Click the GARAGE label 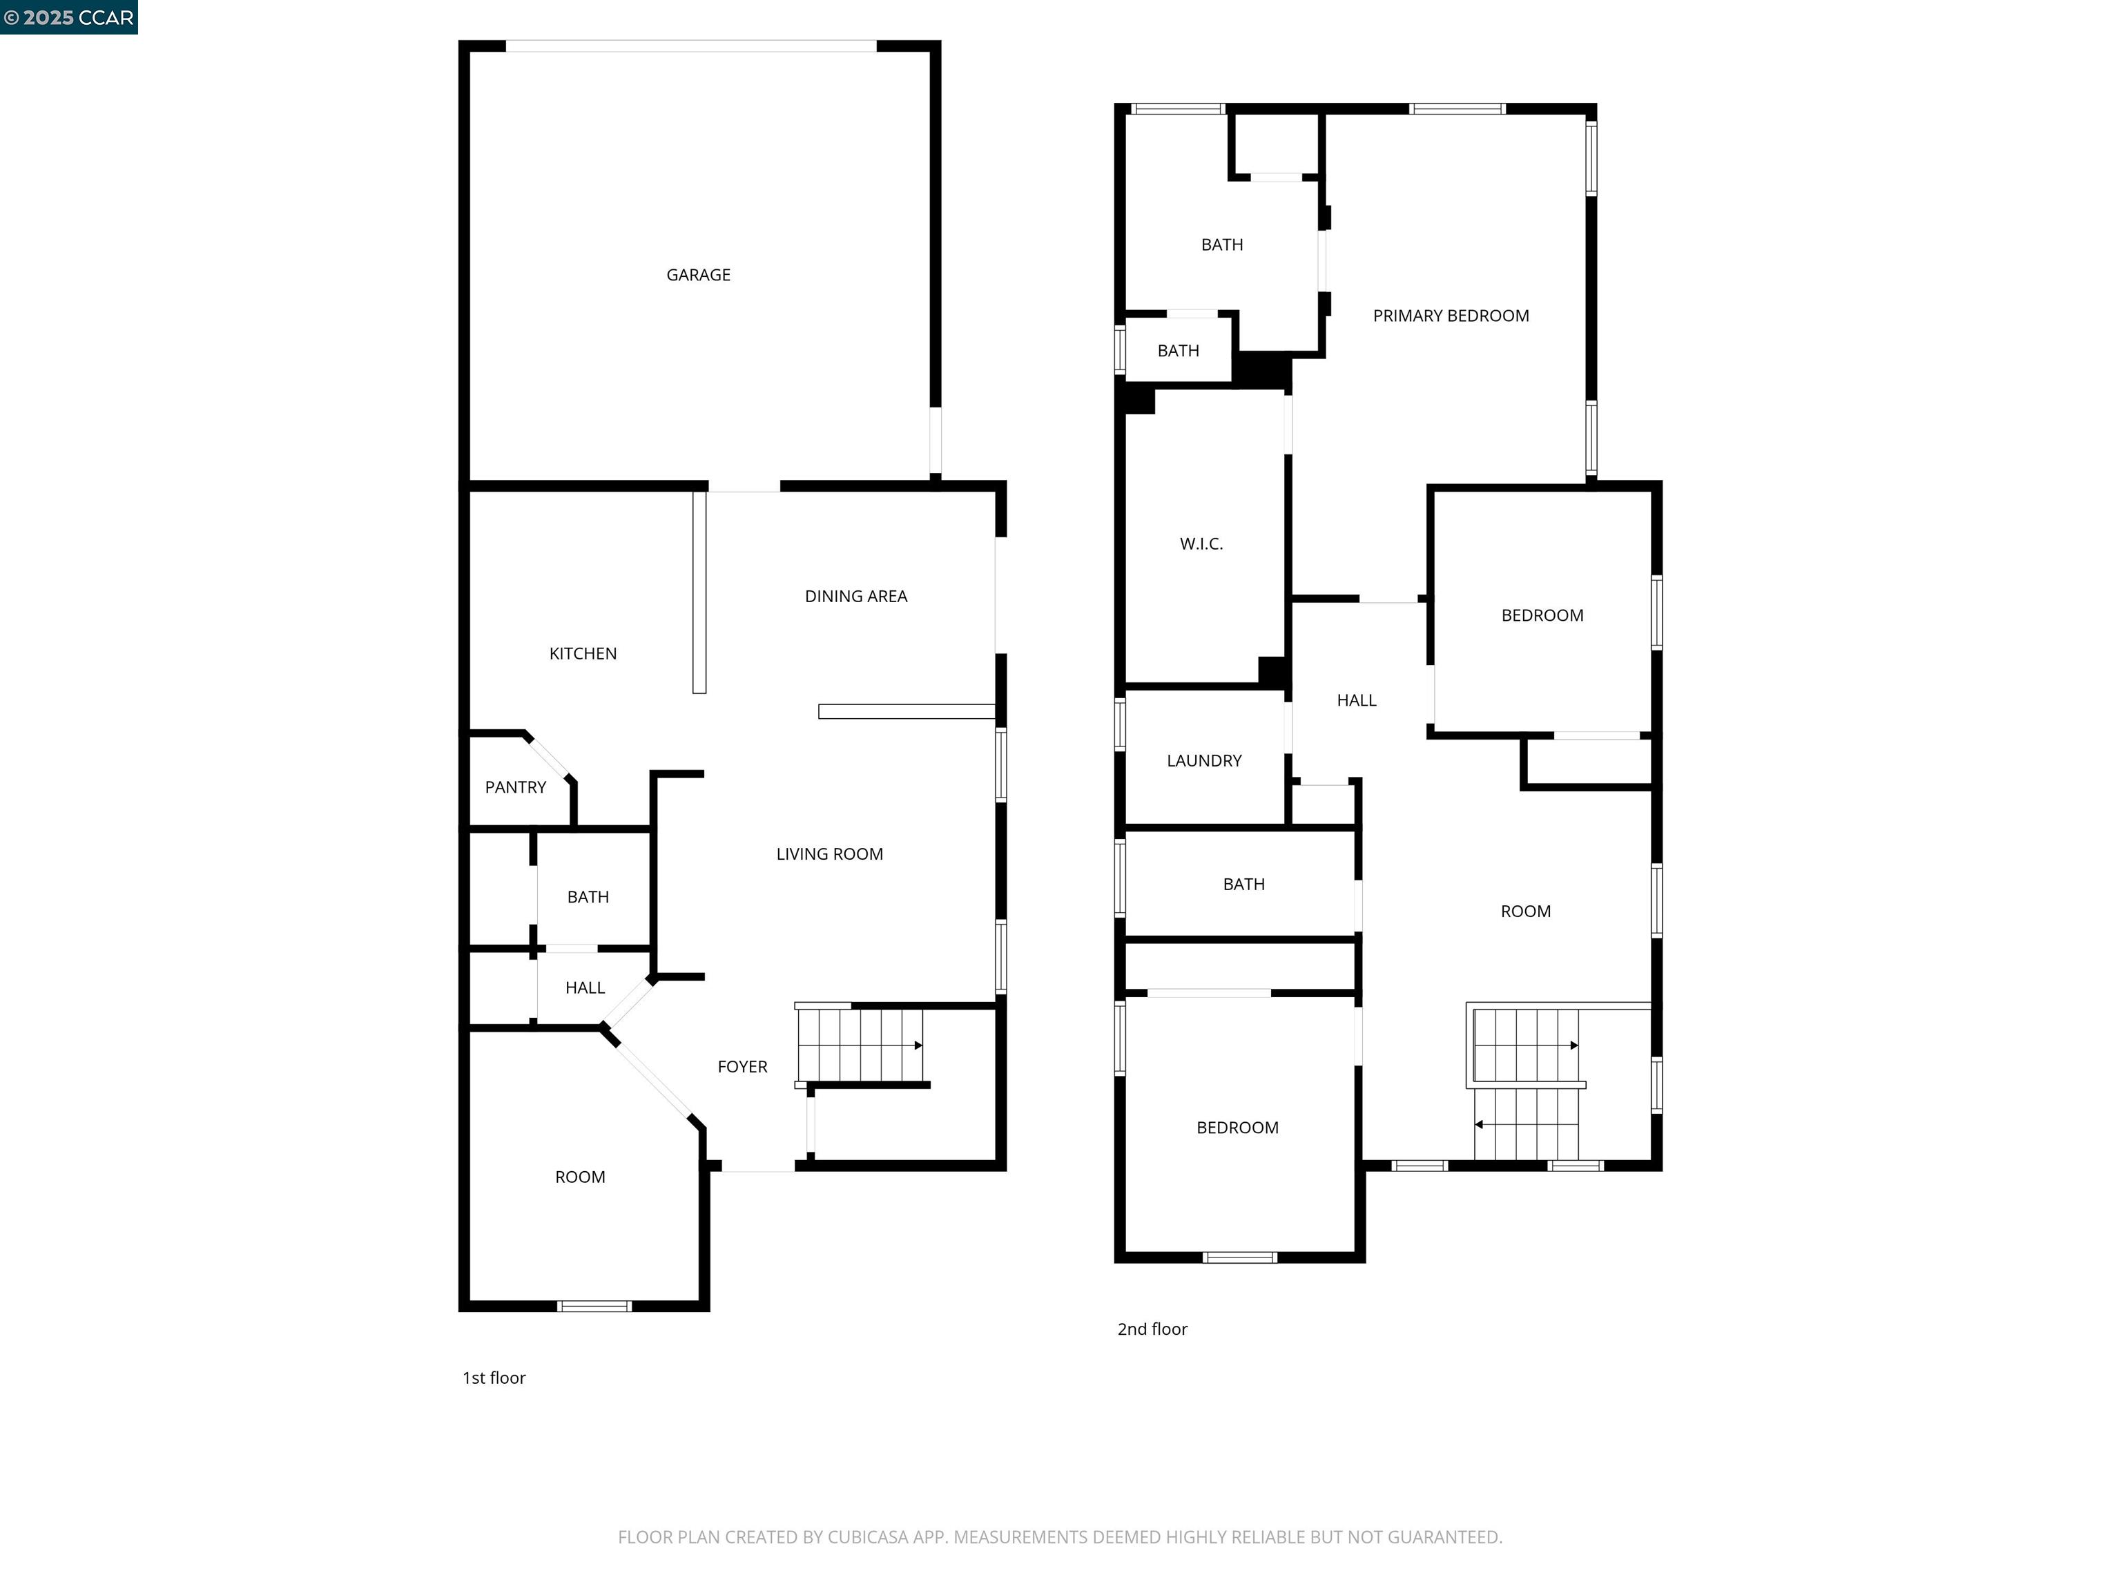coord(698,276)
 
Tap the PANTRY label coord(515,787)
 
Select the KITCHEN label coord(582,654)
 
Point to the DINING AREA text coord(855,597)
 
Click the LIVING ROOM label coord(829,854)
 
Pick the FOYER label coord(742,1068)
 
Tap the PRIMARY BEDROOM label coord(1450,316)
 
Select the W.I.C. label coord(1201,545)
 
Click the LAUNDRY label coord(1203,762)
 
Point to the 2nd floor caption coord(1152,1329)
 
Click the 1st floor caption coord(494,1378)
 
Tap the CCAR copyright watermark coord(69,17)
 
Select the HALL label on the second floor coord(1356,701)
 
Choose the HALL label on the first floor coord(584,987)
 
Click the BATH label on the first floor coord(587,898)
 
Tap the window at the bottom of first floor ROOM coord(594,1306)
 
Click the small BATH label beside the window coord(1177,351)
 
